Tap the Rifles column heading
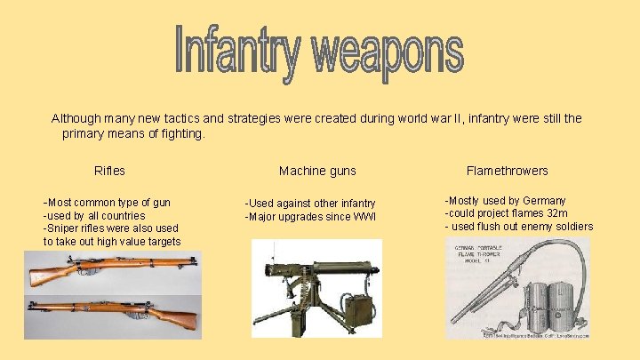click(x=109, y=171)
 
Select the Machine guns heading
click(x=317, y=171)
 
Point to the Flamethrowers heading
click(x=507, y=171)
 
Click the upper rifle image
click(x=111, y=270)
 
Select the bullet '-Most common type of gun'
click(x=107, y=202)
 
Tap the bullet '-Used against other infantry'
click(x=310, y=204)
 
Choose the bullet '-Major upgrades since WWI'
click(x=310, y=217)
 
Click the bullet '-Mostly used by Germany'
click(x=505, y=201)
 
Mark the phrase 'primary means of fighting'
click(x=133, y=134)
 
